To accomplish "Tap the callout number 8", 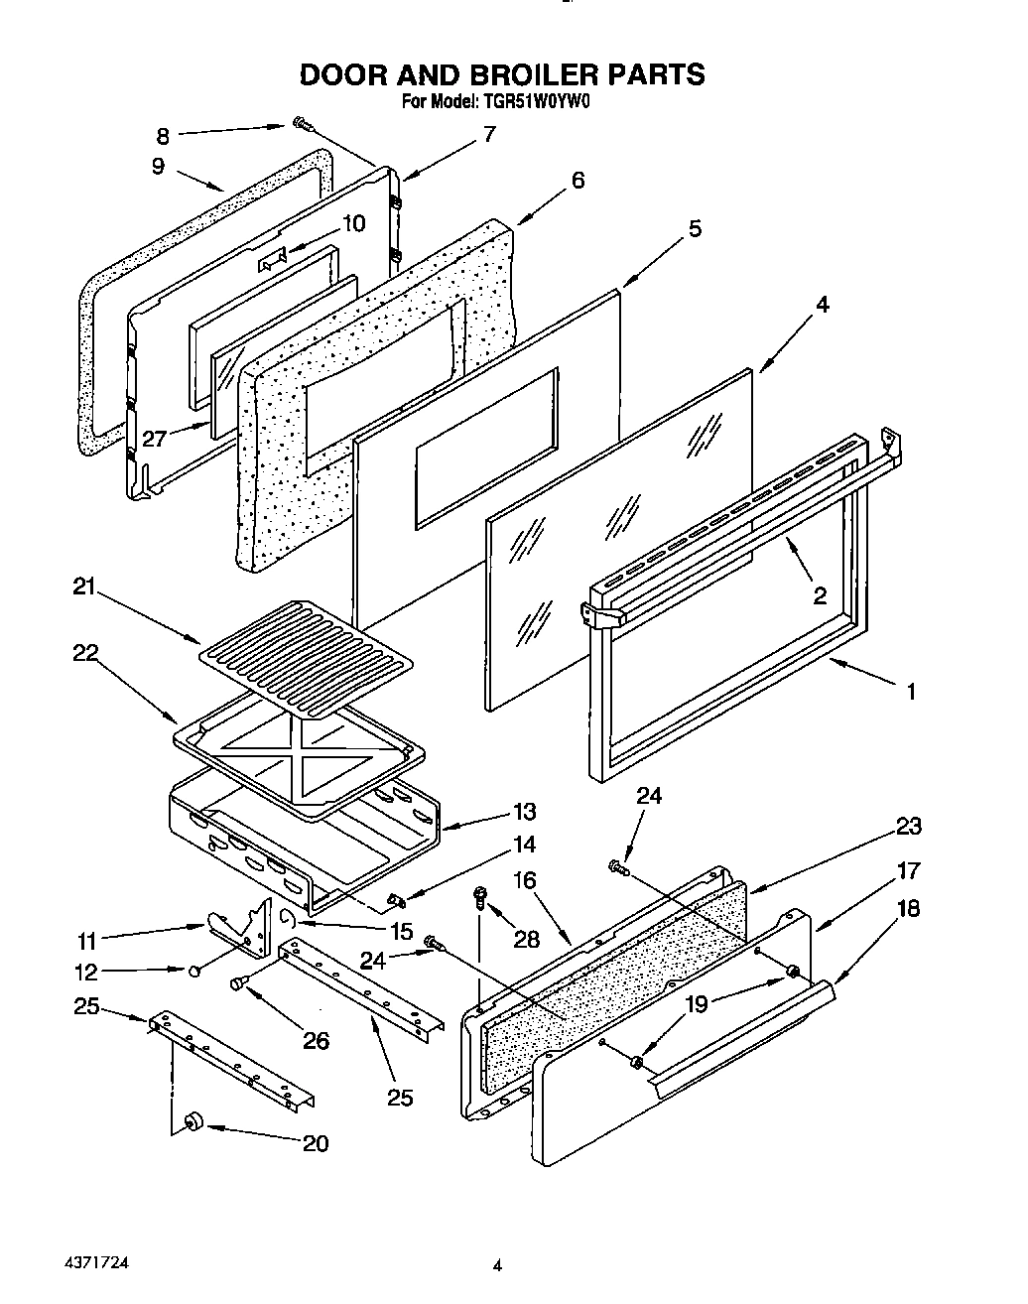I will click(163, 136).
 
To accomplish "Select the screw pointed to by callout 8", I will click(302, 124).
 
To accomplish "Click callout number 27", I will click(154, 437).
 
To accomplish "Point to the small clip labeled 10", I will click(272, 260).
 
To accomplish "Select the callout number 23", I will click(907, 826).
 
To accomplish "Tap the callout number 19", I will click(698, 1004).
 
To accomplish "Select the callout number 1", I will click(911, 692).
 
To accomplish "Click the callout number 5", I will click(694, 228).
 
